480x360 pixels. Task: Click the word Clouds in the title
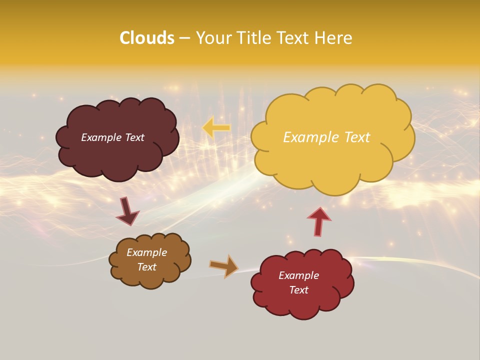(147, 38)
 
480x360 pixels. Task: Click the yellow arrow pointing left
(216, 127)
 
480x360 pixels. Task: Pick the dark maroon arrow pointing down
(127, 211)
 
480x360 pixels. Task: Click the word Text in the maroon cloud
(134, 137)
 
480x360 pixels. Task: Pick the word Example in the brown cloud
(147, 252)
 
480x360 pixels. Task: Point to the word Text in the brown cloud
(147, 267)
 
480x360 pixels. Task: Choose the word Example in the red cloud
(299, 275)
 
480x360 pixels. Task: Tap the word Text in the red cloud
(299, 290)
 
